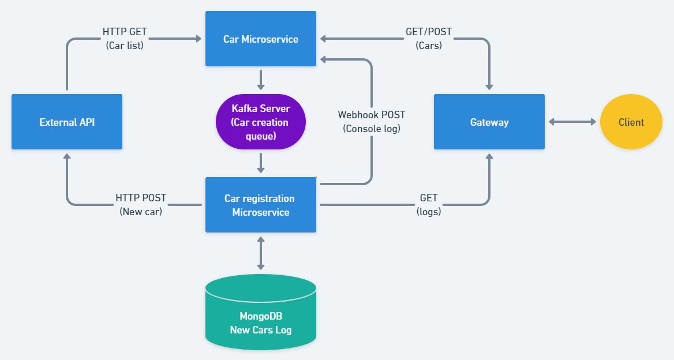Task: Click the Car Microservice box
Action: (261, 39)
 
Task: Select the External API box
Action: (67, 122)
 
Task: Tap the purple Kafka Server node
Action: (260, 122)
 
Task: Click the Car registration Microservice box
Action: (261, 205)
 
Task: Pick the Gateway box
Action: (489, 122)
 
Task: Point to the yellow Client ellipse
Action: (631, 122)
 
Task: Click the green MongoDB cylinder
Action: (261, 314)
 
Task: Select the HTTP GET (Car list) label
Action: (125, 39)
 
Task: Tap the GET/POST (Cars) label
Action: (428, 39)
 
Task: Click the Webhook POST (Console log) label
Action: (372, 122)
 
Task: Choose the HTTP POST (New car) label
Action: (141, 205)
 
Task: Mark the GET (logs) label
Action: (429, 205)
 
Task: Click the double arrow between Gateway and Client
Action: (572, 122)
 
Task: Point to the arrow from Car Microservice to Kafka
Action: (261, 80)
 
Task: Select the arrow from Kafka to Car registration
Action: (261, 163)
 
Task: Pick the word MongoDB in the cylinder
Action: (261, 316)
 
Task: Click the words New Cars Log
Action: (261, 330)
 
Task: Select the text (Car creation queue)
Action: (260, 129)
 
